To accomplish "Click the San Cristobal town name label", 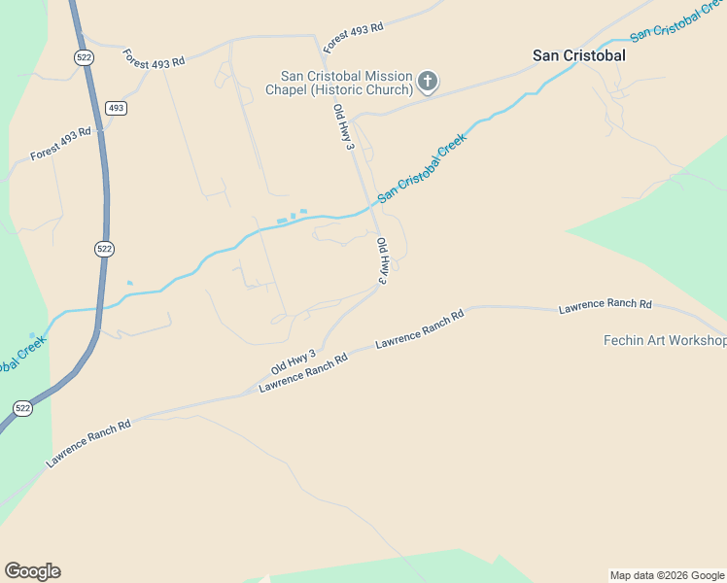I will (x=578, y=55).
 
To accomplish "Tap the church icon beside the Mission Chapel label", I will (x=429, y=83).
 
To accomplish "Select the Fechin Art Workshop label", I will (x=665, y=341).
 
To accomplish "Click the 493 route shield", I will (x=117, y=107).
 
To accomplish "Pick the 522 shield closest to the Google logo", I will (x=21, y=408).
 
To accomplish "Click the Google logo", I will (x=32, y=571).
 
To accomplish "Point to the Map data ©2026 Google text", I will (x=668, y=575).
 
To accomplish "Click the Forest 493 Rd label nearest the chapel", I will (x=353, y=38).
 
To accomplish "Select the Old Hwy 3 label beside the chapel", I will (x=341, y=127).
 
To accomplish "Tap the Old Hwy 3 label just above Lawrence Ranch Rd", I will (x=294, y=362).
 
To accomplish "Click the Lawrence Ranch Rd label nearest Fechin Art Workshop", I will (x=605, y=305).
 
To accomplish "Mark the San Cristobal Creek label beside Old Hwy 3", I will (x=422, y=166).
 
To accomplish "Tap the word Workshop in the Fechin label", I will (x=694, y=341).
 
